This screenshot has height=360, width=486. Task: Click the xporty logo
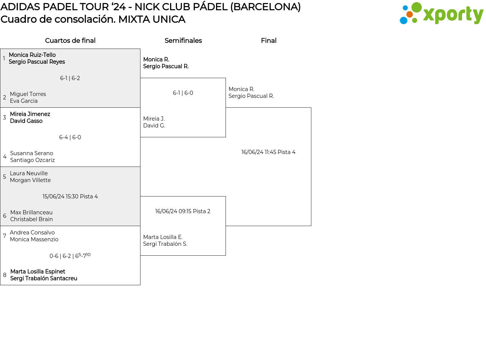click(441, 14)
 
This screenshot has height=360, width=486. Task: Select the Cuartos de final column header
click(70, 41)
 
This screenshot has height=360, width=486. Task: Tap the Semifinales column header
click(183, 41)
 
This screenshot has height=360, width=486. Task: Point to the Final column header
click(268, 41)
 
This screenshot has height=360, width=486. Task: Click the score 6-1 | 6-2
click(70, 78)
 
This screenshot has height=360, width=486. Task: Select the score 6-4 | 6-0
click(70, 137)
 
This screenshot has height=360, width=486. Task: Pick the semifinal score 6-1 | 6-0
click(183, 93)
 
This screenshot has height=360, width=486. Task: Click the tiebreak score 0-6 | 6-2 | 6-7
click(70, 256)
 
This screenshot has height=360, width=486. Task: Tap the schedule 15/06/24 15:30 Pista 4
click(70, 197)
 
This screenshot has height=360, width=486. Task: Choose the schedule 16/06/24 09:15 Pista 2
click(183, 211)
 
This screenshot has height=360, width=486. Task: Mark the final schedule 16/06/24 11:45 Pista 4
click(268, 152)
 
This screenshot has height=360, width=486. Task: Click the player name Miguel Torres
click(28, 94)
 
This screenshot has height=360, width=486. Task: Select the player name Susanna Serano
click(32, 153)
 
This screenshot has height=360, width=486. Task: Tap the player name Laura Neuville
click(29, 173)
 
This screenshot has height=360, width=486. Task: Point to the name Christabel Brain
click(32, 219)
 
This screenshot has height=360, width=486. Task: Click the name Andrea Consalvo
click(32, 233)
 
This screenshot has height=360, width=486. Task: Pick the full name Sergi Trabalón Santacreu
click(44, 278)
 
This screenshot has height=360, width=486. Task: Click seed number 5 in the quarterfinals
click(5, 177)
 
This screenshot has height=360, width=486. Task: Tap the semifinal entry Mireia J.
click(154, 119)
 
